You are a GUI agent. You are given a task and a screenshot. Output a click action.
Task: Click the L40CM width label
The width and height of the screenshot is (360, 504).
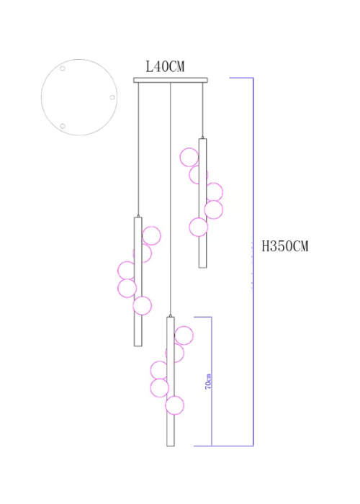point(165,66)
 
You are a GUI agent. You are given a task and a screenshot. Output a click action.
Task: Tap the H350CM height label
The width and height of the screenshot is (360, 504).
point(285,246)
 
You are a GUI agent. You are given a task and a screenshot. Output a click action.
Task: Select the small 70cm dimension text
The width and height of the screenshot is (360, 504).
point(208,382)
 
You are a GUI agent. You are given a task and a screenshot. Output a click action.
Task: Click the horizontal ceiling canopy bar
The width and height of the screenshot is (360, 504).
point(171,80)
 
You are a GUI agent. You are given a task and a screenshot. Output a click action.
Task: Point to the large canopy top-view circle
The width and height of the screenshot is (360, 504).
point(41,96)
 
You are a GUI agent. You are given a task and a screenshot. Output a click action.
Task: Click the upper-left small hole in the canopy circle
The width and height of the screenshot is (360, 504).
point(63,68)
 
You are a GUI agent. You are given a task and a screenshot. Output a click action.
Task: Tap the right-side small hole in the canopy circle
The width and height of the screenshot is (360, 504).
point(112,97)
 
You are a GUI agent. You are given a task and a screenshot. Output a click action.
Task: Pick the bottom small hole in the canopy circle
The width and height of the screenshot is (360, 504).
point(63,126)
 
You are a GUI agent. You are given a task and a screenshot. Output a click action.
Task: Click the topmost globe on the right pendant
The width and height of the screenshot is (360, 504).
point(189,157)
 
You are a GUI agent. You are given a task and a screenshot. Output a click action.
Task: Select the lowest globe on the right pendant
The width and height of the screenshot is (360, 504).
point(198,227)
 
